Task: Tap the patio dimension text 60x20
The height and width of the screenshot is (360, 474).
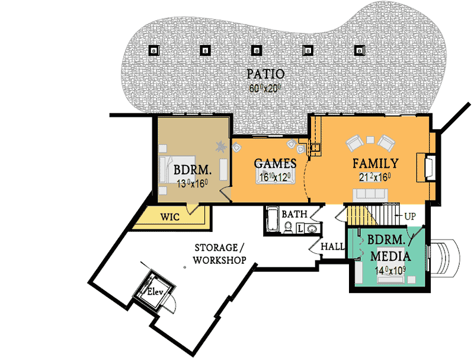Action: click(265, 88)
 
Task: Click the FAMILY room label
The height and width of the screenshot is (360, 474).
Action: click(375, 163)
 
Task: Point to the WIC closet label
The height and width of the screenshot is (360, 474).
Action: click(171, 217)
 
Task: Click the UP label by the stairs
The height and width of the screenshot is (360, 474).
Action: click(409, 217)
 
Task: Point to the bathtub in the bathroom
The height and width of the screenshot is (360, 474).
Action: click(272, 220)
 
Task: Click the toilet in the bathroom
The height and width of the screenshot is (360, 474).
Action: click(288, 227)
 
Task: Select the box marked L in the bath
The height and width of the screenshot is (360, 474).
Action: click(300, 228)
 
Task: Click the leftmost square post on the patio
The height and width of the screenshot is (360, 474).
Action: click(153, 50)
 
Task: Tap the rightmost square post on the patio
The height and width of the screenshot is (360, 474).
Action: click(359, 50)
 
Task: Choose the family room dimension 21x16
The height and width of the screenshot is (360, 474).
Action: click(376, 177)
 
